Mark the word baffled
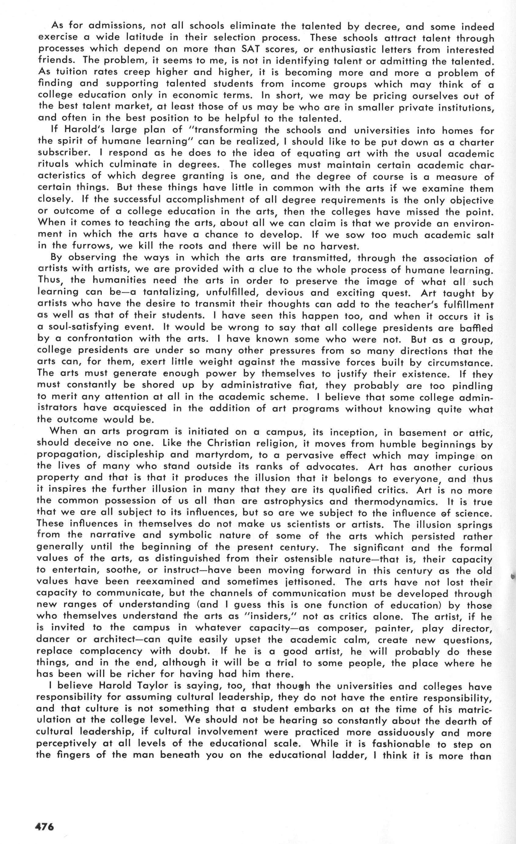coord(475,328)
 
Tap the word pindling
coord(472,386)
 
